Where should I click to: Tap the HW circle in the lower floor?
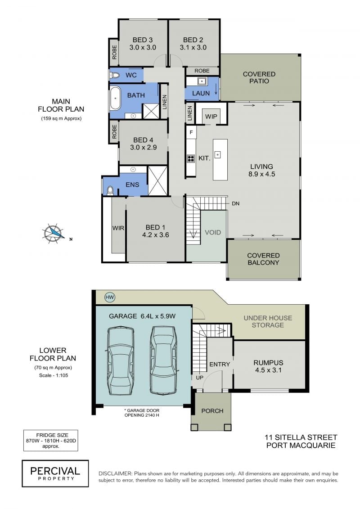coord(110,297)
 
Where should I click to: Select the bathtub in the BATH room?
coord(115,98)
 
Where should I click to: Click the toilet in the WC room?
coord(115,75)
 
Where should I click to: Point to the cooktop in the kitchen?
coord(190,158)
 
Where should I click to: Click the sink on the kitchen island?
coord(217,155)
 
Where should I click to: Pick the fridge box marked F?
coord(191,132)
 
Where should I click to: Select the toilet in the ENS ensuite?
coord(110,190)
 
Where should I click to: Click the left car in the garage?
coord(120,360)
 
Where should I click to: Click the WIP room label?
coord(211,117)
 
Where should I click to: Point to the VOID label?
coord(212,232)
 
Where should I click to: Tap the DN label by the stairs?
coord(236,203)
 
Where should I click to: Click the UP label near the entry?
coord(200,378)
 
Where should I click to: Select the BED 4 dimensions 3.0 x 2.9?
coord(144,147)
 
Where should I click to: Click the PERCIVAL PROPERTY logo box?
coord(55,473)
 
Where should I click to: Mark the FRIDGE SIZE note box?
coord(51,441)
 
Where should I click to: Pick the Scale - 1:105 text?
coord(53,375)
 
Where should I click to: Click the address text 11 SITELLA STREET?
coord(301,437)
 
